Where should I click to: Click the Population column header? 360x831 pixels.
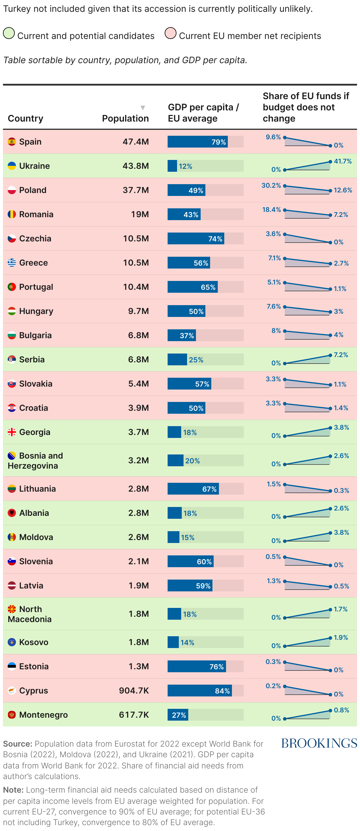point(125,118)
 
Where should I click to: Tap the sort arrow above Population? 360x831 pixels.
point(143,108)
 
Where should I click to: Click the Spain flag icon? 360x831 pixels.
point(12,142)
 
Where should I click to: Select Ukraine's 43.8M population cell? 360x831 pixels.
point(135,166)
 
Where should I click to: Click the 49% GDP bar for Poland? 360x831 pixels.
point(186,190)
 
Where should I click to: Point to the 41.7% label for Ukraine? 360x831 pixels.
point(343,161)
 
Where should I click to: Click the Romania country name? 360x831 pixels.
point(36,214)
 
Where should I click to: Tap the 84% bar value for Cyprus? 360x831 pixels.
point(222,691)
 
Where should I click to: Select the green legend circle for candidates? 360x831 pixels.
point(9,33)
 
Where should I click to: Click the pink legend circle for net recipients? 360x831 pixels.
point(170,33)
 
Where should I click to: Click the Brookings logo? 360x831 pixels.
point(319,743)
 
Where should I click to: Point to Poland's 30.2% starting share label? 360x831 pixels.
point(271,186)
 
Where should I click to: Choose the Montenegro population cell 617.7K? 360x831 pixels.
point(134,715)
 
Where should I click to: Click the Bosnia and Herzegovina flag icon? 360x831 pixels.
point(12,456)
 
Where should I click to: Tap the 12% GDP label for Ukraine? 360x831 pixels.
point(186,166)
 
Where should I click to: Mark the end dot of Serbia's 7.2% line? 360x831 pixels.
point(330,356)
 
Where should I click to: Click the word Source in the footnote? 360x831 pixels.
point(17,744)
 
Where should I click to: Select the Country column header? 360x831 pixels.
point(25,118)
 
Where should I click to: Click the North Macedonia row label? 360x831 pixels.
point(30,614)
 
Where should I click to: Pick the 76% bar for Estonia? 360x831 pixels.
point(197,666)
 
